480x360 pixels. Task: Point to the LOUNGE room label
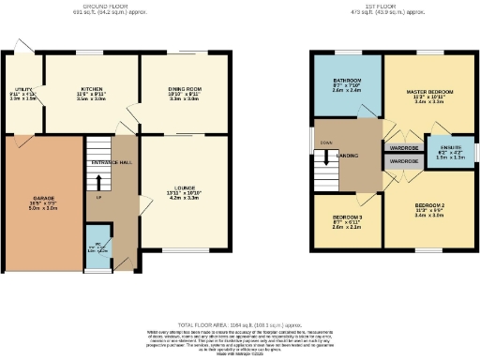[184, 192]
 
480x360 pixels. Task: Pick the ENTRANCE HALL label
[111, 163]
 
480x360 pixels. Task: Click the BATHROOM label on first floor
[347, 81]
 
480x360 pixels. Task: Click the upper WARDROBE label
[403, 148]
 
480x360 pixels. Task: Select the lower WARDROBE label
[403, 161]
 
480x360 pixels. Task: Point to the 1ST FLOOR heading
[389, 7]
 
